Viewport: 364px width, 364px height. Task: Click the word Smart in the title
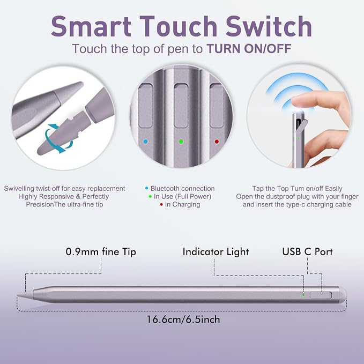(91, 26)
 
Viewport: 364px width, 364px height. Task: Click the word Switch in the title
(269, 26)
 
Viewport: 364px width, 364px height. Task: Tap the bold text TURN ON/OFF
(249, 49)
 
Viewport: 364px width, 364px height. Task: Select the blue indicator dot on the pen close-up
(146, 142)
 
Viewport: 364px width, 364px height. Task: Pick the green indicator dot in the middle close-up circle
(181, 142)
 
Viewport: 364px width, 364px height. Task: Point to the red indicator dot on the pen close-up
(217, 142)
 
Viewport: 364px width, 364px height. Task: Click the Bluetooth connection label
(182, 189)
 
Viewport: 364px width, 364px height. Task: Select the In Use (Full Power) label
(182, 197)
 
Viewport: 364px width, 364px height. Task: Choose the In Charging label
(182, 205)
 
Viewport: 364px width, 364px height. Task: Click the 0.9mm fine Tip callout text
(101, 252)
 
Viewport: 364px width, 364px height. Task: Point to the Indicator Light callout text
(216, 252)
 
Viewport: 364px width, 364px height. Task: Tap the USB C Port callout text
(307, 251)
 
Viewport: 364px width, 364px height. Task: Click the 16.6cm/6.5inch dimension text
(183, 320)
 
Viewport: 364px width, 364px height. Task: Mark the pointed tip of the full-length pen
(17, 295)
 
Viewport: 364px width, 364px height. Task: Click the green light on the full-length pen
(303, 295)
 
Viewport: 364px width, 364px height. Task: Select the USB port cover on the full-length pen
(321, 295)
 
